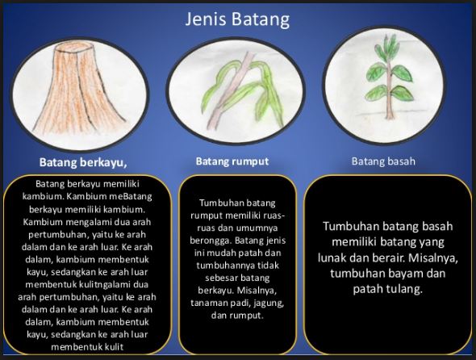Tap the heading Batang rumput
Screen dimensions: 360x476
tap(232, 161)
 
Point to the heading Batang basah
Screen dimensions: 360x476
tap(383, 161)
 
